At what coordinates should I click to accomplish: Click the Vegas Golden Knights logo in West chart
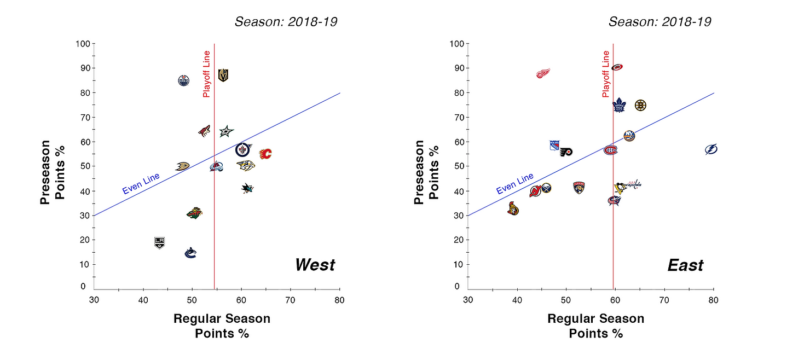(x=223, y=75)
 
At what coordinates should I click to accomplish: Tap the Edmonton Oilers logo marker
(x=184, y=80)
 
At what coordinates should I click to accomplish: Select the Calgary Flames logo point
(x=265, y=154)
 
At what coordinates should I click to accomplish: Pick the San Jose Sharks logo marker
(x=247, y=188)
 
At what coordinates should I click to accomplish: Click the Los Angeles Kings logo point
(x=159, y=242)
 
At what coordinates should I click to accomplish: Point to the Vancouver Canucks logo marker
(x=190, y=253)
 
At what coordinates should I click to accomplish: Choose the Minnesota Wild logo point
(x=194, y=213)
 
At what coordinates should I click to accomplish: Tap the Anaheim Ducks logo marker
(x=182, y=166)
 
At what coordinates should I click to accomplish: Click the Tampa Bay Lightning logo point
(x=711, y=149)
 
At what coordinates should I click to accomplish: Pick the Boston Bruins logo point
(x=640, y=105)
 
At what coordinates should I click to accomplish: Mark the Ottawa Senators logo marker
(x=513, y=208)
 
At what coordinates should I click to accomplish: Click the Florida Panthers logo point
(x=579, y=188)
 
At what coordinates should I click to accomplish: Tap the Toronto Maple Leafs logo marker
(x=619, y=105)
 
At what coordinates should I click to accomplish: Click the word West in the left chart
(x=315, y=265)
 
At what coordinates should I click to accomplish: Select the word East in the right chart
(x=685, y=265)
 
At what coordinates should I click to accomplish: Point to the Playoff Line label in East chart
(x=606, y=74)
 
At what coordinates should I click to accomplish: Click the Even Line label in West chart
(x=141, y=183)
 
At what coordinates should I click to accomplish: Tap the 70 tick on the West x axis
(x=291, y=299)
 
